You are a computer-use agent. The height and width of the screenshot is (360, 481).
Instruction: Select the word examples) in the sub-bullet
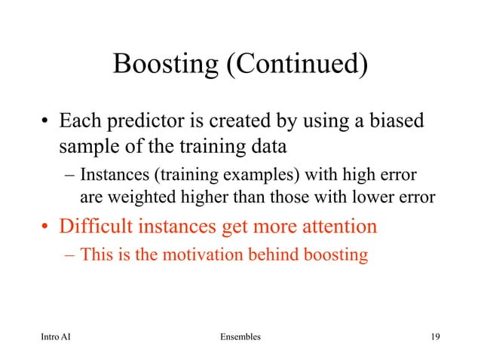click(x=270, y=176)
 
